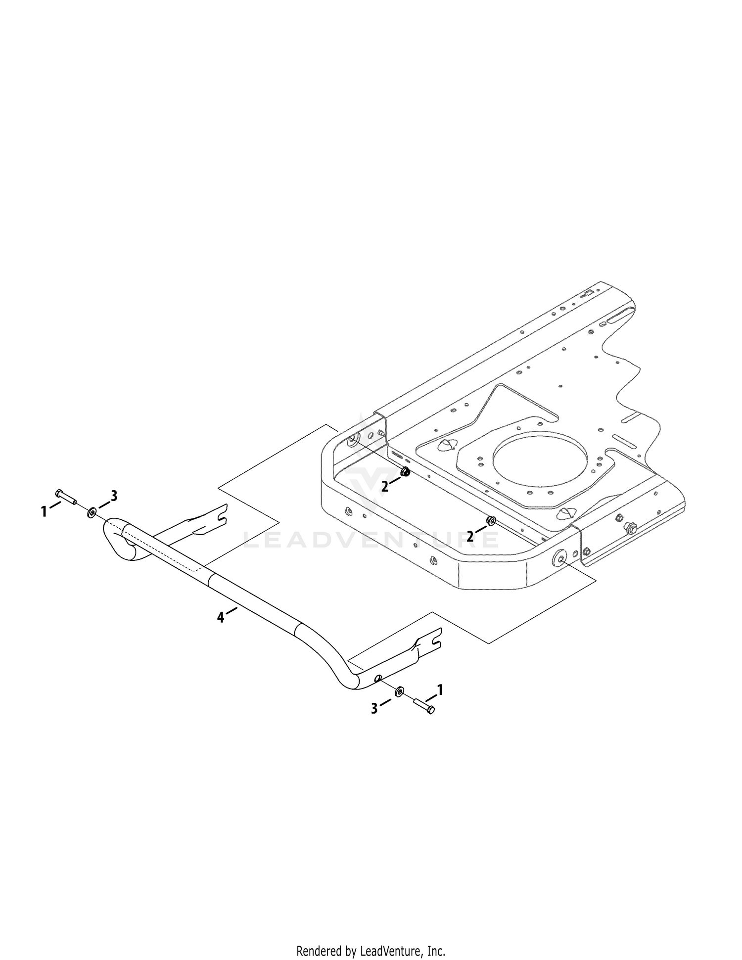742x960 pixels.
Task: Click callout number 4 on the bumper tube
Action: point(220,617)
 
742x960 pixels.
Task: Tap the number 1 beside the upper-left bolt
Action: point(44,511)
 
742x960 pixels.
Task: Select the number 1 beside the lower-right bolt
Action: point(440,689)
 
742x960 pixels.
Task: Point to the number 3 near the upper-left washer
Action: point(114,496)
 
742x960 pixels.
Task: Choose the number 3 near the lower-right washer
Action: point(374,708)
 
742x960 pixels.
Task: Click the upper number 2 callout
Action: point(385,487)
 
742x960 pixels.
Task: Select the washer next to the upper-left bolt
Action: point(92,512)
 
